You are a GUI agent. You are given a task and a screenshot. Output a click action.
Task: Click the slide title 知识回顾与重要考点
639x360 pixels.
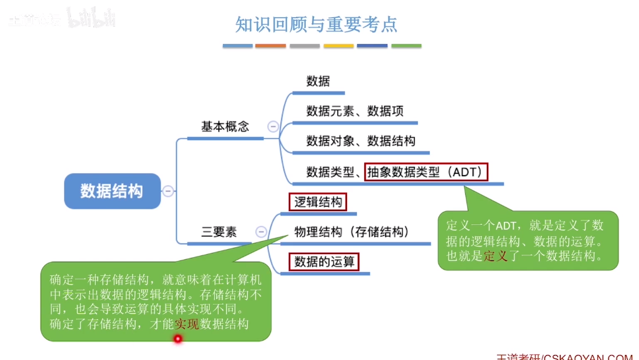[x=316, y=24]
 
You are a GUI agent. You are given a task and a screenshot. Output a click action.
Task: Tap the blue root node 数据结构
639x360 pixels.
[x=112, y=191]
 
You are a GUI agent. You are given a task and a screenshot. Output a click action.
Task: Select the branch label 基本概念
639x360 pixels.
[x=225, y=126]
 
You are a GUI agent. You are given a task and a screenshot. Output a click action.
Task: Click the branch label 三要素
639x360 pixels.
[x=219, y=232]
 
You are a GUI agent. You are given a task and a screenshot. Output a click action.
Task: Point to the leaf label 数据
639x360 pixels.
[x=318, y=82]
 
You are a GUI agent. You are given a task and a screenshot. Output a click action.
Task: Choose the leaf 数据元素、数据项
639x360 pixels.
[x=355, y=111]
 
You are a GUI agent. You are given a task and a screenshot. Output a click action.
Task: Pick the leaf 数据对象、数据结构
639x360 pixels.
[x=361, y=141]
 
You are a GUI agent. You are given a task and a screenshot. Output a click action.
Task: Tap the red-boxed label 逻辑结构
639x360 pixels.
[x=318, y=202]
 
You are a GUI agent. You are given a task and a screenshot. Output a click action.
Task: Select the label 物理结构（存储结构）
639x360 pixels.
[x=352, y=232]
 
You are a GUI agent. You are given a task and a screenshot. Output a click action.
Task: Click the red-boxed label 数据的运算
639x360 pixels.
[x=324, y=262]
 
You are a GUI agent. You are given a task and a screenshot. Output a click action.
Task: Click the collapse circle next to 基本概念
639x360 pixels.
[x=273, y=126]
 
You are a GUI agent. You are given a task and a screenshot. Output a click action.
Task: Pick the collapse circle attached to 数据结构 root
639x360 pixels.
[x=168, y=191]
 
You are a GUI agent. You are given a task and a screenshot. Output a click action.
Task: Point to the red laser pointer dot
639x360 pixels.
[x=177, y=339]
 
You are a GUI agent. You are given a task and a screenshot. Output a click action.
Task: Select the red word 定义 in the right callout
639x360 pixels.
[x=496, y=256]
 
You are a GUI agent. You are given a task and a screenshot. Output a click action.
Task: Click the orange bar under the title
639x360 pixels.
[x=270, y=46]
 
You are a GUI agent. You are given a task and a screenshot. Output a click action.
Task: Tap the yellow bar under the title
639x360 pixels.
[x=338, y=46]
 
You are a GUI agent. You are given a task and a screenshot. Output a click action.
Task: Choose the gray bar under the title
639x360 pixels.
[x=305, y=46]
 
